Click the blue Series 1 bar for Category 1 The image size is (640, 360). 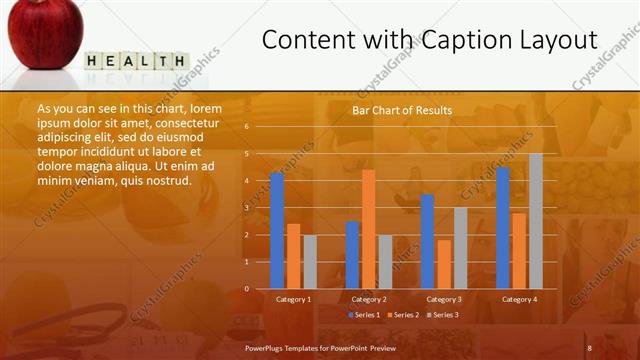[277, 231]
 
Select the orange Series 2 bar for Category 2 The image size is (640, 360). [368, 229]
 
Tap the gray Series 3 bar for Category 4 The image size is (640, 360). [536, 221]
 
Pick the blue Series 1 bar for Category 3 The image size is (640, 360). [427, 242]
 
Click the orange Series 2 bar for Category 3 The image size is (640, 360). [443, 264]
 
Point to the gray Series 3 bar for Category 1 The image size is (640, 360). [310, 262]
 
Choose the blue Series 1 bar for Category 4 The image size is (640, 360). [503, 228]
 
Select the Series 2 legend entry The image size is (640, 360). [402, 315]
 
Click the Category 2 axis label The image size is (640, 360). [369, 299]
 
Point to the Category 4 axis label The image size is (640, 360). [519, 299]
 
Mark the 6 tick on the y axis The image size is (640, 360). [246, 127]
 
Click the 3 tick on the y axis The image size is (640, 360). [246, 208]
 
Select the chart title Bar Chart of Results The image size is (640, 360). [402, 110]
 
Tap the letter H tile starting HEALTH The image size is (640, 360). [93, 61]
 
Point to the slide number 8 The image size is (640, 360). [589, 347]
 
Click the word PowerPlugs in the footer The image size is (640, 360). [267, 347]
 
